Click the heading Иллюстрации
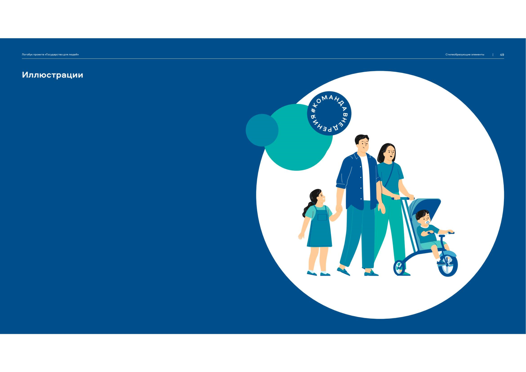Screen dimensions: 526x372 pos(52,75)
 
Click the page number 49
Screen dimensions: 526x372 pos(502,55)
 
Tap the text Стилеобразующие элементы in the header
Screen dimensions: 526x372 pos(465,55)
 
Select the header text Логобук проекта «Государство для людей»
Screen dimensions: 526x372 pos(50,55)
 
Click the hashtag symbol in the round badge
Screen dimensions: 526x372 pos(313,110)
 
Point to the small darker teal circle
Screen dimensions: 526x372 pos(262,130)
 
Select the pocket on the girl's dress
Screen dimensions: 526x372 pos(322,217)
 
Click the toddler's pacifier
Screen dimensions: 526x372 pos(427,222)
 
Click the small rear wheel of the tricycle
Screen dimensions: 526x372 pos(399,268)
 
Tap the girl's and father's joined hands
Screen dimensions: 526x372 pos(339,209)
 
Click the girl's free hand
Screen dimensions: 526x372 pos(301,236)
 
